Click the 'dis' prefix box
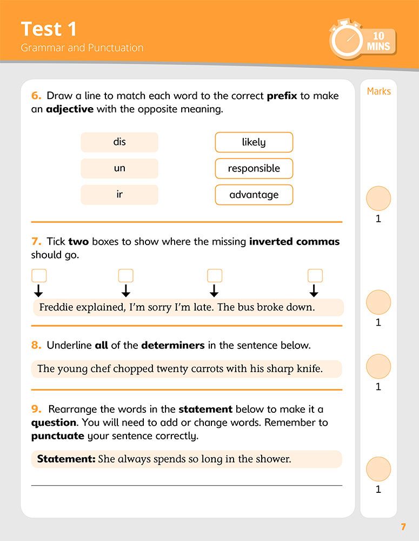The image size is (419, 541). pyautogui.click(x=119, y=142)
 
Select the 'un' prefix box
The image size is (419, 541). pyautogui.click(x=119, y=168)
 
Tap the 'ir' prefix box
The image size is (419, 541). pyautogui.click(x=119, y=195)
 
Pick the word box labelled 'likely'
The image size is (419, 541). pyautogui.click(x=254, y=142)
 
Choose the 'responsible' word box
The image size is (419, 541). pyautogui.click(x=254, y=168)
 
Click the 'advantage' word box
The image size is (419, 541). pyautogui.click(x=254, y=195)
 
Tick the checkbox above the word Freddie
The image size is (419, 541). pyautogui.click(x=39, y=276)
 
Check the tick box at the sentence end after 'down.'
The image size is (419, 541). pyautogui.click(x=315, y=276)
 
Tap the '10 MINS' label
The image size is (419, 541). pyautogui.click(x=378, y=42)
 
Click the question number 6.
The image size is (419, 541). pyautogui.click(x=36, y=96)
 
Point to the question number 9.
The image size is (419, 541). pyautogui.click(x=36, y=410)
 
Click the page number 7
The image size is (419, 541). pyautogui.click(x=403, y=527)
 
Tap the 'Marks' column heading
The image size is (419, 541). pyautogui.click(x=378, y=91)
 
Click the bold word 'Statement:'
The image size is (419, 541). pyautogui.click(x=66, y=459)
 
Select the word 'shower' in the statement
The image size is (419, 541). pyautogui.click(x=272, y=459)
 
